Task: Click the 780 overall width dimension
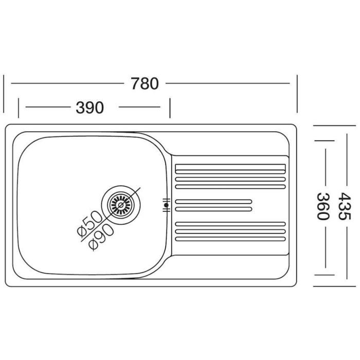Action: pyautogui.click(x=145, y=83)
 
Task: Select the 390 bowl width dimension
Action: pyautogui.click(x=90, y=107)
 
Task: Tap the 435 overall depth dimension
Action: pyautogui.click(x=344, y=206)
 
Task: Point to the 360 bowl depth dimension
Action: pyautogui.click(x=323, y=206)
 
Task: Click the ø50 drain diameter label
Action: pyautogui.click(x=89, y=224)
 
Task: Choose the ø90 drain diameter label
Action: pyautogui.click(x=101, y=237)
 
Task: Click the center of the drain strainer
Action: pyautogui.click(x=121, y=205)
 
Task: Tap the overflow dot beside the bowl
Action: pyautogui.click(x=166, y=205)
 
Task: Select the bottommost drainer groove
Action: pyautogui.click(x=230, y=239)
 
